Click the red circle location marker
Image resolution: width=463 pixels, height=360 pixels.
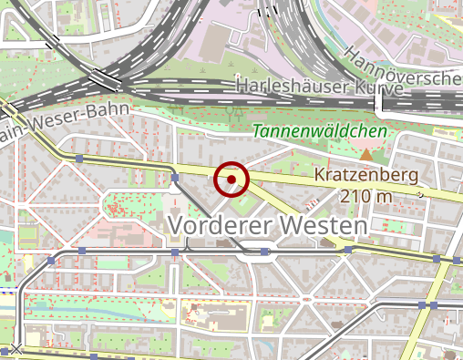click(x=231, y=180)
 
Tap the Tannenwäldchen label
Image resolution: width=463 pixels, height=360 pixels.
click(x=319, y=132)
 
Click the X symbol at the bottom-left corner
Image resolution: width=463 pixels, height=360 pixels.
click(x=15, y=348)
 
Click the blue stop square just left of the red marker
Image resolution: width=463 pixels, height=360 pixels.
click(x=175, y=179)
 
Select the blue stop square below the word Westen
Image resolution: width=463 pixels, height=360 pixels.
click(x=348, y=249)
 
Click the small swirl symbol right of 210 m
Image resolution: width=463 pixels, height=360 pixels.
click(x=420, y=194)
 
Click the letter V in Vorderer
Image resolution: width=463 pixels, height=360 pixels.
click(x=178, y=225)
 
